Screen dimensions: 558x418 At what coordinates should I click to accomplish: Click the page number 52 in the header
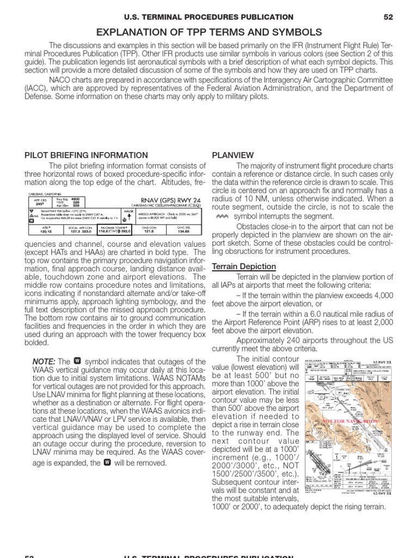tap(388, 17)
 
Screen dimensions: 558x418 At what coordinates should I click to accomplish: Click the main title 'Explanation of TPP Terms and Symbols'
tap(209, 33)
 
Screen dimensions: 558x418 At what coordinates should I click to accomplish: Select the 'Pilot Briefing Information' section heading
tap(86, 155)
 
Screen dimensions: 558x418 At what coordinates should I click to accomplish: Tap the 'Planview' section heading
tap(229, 155)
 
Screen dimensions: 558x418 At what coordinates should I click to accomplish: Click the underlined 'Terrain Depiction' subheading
tap(243, 266)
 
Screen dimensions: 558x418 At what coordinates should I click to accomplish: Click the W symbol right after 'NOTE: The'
tap(77, 361)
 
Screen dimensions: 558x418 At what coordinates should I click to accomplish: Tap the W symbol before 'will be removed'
tap(107, 463)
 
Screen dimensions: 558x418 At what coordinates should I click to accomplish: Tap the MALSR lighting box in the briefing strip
tap(129, 214)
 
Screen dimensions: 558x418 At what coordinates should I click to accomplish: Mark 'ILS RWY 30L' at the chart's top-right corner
tap(379, 361)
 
